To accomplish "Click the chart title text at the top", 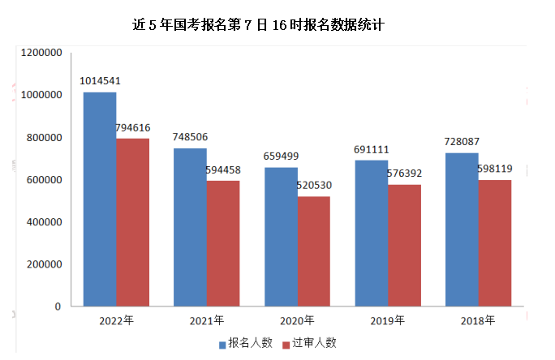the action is point(258,25).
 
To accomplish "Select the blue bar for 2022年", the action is point(100,199).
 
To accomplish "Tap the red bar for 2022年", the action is point(133,222).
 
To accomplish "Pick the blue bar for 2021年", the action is point(190,227).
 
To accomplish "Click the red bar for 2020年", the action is point(314,251).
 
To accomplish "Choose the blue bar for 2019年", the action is point(372,234).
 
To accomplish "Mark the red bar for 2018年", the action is point(495,243).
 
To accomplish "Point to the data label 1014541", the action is point(100,81).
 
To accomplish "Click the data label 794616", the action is point(133,127).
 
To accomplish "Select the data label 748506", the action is point(190,137).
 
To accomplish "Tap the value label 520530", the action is point(314,186).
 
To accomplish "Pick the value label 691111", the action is point(372,149).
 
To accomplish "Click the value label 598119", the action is point(495,169).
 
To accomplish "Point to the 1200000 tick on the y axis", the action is point(41,53).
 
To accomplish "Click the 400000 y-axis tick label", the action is point(45,222).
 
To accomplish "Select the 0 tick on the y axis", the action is point(58,306).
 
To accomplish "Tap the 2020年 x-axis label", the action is point(297,320).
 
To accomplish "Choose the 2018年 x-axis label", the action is point(477,320).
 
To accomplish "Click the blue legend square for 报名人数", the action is point(222,345).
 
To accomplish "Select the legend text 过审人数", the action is point(314,343).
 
